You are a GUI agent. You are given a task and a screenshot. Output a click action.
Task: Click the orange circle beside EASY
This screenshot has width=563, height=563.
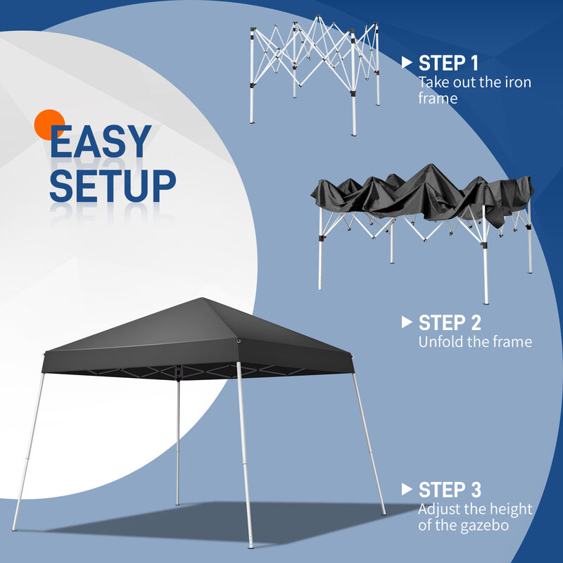pyautogui.click(x=50, y=125)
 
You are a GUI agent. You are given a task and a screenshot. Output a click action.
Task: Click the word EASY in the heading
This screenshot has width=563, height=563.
pyautogui.click(x=101, y=143)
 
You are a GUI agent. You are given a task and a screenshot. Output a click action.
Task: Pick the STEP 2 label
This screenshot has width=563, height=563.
pyautogui.click(x=450, y=323)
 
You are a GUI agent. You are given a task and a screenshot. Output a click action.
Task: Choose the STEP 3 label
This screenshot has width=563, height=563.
pyautogui.click(x=450, y=490)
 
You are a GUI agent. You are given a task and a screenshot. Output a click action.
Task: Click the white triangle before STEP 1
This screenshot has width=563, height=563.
pyautogui.click(x=406, y=63)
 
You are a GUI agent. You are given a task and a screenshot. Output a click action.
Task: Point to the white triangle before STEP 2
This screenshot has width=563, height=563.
pyautogui.click(x=406, y=322)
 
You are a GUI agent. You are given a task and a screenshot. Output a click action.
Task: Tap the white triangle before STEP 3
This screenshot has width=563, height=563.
pyautogui.click(x=406, y=489)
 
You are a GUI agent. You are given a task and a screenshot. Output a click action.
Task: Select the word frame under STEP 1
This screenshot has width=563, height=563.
pyautogui.click(x=438, y=99)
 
